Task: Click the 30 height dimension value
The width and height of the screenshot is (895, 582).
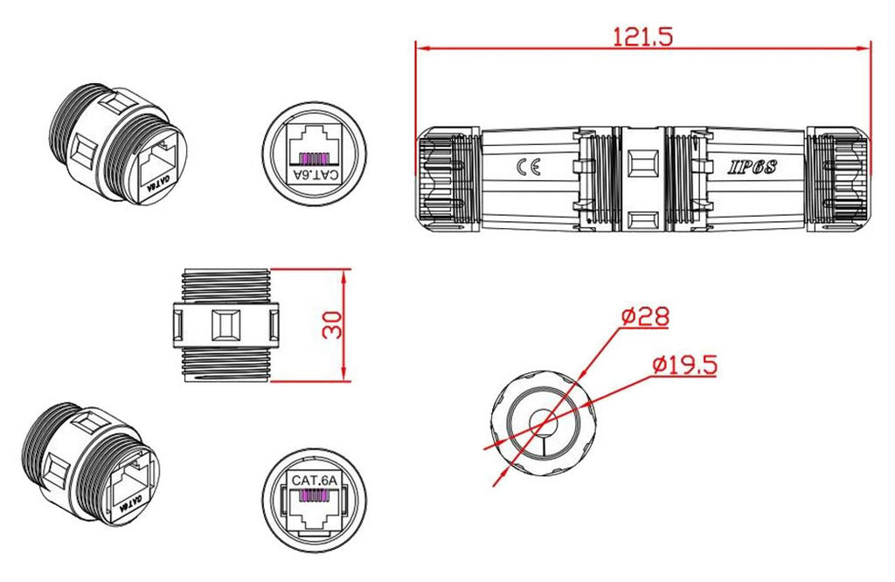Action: (332, 325)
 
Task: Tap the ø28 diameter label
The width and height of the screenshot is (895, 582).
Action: (646, 316)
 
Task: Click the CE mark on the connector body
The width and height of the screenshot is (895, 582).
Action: (531, 168)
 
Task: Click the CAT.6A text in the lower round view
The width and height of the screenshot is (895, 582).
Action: (314, 480)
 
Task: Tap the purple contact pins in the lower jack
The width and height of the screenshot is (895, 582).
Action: (314, 495)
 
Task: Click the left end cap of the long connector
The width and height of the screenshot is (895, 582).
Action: (446, 179)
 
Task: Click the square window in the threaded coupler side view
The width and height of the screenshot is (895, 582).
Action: (225, 325)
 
